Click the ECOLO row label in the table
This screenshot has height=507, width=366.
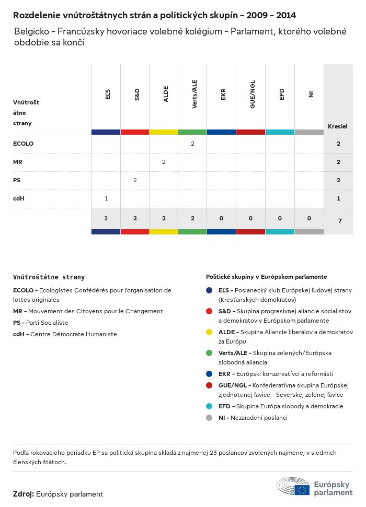[23, 144]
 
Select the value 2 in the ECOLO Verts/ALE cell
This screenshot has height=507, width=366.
[192, 144]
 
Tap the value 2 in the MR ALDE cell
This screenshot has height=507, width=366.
[164, 162]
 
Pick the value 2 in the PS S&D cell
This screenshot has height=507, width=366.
[135, 180]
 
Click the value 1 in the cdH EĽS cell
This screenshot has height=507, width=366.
[106, 198]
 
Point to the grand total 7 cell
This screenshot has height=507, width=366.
[339, 221]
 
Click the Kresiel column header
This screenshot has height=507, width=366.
[337, 126]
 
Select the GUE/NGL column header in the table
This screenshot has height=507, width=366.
[253, 97]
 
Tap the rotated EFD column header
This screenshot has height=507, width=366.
[282, 95]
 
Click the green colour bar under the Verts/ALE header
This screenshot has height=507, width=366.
[192, 132]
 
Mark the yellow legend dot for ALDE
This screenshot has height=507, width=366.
[209, 332]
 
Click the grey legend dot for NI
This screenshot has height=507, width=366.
[209, 418]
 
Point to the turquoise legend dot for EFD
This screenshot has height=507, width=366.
[209, 406]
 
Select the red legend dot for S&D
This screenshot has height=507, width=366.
[209, 311]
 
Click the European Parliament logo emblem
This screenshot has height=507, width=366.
[293, 486]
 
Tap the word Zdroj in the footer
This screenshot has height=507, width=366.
[24, 494]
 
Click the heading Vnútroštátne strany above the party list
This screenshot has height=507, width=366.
[49, 277]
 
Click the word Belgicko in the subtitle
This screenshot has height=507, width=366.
[32, 31]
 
